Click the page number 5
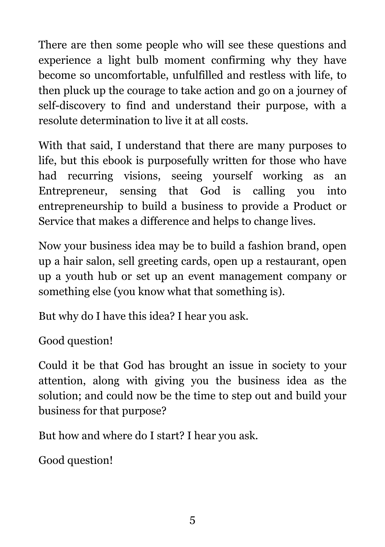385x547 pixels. [x=192, y=520]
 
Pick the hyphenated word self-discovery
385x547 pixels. [x=72, y=106]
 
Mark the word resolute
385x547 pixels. [x=58, y=121]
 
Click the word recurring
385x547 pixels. [x=90, y=176]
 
